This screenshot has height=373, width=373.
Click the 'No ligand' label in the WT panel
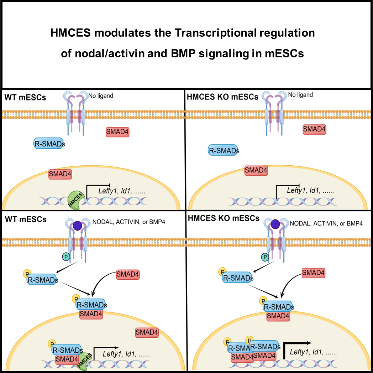[x=101, y=96]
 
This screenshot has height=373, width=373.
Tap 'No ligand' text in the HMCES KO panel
[x=300, y=95]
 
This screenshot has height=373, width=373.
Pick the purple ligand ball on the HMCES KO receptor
[x=275, y=224]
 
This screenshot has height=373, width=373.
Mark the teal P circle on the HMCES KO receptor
[x=264, y=257]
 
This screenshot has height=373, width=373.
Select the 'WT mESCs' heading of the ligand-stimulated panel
[x=26, y=219]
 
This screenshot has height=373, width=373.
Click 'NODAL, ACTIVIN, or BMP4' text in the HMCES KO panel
[x=326, y=224]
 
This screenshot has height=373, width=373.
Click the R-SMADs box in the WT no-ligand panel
[x=49, y=144]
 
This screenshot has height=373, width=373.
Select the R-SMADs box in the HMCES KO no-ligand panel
[x=223, y=151]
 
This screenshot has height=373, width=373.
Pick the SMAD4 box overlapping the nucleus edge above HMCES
[x=60, y=174]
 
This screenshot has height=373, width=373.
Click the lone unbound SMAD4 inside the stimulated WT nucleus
[x=147, y=333]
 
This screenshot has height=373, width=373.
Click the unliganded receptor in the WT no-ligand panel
[x=75, y=112]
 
